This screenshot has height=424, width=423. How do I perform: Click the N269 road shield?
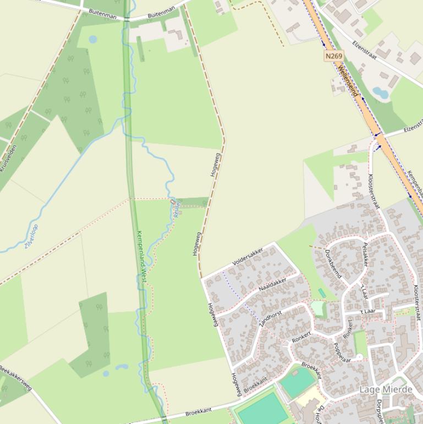(x=333, y=56)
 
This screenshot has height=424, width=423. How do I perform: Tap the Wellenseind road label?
(x=348, y=81)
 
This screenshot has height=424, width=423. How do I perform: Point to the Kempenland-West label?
(x=141, y=257)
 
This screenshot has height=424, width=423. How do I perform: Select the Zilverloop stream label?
(x=31, y=236)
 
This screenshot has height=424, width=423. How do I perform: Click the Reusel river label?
(x=177, y=209)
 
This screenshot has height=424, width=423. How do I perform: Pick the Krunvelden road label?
(x=8, y=159)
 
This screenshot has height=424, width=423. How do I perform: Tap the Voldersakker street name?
(x=248, y=257)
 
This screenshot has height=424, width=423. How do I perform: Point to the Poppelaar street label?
(x=342, y=352)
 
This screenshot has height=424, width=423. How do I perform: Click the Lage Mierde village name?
(x=386, y=390)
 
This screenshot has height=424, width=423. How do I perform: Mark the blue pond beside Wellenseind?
(x=380, y=93)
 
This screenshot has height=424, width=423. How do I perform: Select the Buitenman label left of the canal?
(x=102, y=16)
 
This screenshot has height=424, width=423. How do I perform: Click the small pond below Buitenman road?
(x=92, y=40)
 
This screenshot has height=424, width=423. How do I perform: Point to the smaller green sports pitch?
(x=298, y=383)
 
